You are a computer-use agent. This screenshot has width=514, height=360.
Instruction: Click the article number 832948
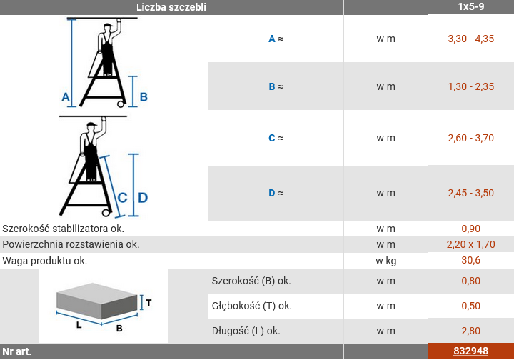coord(470,351)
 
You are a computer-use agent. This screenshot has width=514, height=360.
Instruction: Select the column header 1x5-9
coord(470,6)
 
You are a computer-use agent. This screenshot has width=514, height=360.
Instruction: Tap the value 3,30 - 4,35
coord(470,39)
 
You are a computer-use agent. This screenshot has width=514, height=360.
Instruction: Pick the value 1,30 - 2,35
coord(470,86)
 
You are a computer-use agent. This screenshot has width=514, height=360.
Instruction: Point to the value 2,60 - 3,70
coord(470,138)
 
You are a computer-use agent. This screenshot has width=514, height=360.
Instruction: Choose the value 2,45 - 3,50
coord(470,193)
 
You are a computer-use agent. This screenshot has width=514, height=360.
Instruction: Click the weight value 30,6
coord(470,260)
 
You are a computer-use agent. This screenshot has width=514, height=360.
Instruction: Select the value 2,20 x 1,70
coord(470,244)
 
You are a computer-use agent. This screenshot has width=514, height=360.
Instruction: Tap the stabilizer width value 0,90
coord(470,229)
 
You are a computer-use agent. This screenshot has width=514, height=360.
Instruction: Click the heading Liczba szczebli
coord(171,7)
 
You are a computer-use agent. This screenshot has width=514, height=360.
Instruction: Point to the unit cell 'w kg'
coord(385,261)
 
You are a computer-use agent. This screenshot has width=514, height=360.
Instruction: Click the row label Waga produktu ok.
coord(44,261)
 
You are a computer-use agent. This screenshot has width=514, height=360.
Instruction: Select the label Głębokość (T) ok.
coord(252,306)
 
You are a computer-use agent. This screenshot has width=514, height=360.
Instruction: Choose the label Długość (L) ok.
coord(246,331)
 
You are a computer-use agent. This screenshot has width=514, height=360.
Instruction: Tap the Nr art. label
coord(16,351)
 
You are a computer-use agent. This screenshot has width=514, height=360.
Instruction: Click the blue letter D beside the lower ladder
coord(143,198)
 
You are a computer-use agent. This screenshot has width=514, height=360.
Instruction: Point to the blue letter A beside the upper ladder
coord(66,97)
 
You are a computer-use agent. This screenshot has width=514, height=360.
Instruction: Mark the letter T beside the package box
coord(148,303)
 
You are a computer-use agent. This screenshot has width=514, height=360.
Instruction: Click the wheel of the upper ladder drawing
coord(121,104)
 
